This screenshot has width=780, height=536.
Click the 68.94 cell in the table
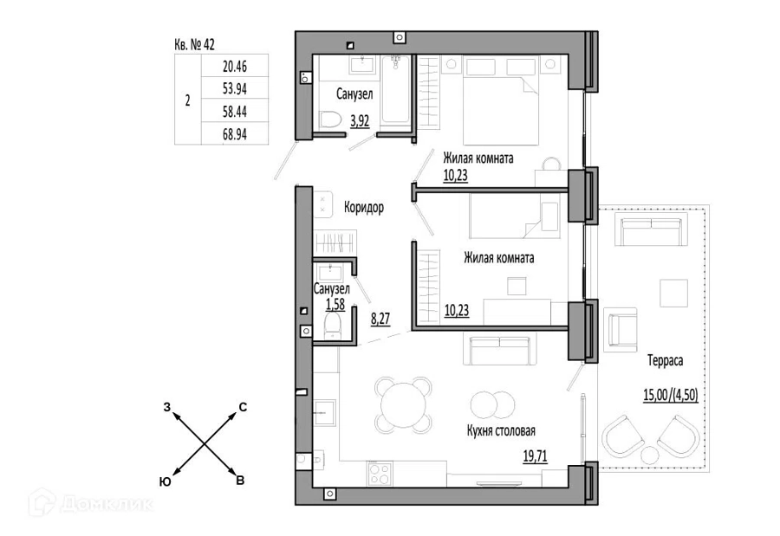(x=234, y=133)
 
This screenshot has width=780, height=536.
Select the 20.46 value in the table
(x=234, y=66)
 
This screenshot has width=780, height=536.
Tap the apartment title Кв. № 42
(x=194, y=44)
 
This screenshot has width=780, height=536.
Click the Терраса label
(x=665, y=360)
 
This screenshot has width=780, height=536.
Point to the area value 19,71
(x=536, y=455)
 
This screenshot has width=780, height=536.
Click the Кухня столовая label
(x=501, y=430)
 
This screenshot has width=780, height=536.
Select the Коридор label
(x=364, y=207)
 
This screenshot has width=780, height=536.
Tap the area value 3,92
(x=361, y=120)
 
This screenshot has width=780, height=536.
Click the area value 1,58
(x=335, y=304)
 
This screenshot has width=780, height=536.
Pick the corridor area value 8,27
(x=380, y=318)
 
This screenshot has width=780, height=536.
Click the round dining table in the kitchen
(x=403, y=404)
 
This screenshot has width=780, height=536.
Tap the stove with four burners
(x=380, y=474)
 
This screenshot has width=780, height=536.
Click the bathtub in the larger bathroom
(x=396, y=90)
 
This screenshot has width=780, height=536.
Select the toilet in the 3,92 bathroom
(x=329, y=119)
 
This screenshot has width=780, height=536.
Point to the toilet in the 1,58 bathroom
(x=333, y=326)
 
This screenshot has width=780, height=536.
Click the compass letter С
(x=243, y=407)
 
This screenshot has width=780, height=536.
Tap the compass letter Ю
(x=166, y=481)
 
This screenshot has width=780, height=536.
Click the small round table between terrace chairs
(x=650, y=455)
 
